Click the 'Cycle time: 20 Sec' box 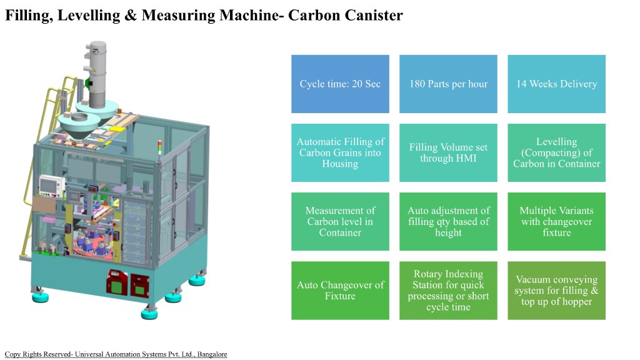[340, 84]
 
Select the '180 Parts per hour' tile [448, 84]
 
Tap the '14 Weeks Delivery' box [556, 84]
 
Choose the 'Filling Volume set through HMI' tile [448, 152]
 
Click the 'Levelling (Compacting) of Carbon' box [556, 152]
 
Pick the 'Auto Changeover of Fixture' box [340, 290]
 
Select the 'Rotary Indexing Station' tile [448, 290]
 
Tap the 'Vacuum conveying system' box [556, 290]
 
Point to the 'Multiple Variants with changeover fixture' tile [556, 221]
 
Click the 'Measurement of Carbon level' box [340, 221]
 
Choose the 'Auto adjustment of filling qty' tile [448, 221]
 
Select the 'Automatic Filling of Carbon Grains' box [340, 152]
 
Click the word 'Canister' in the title [373, 16]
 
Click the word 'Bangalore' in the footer [212, 354]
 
